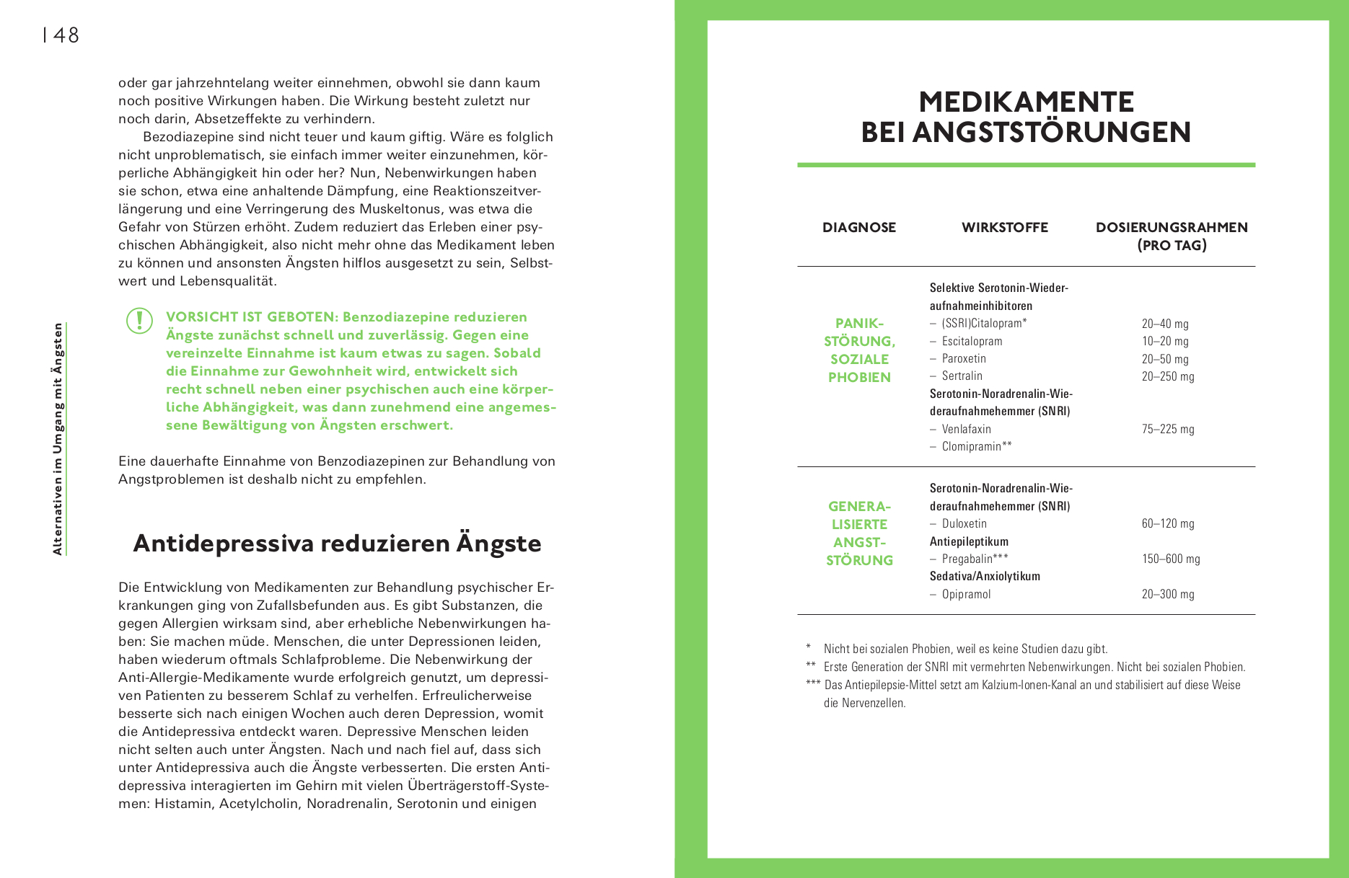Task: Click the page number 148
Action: [x=61, y=35]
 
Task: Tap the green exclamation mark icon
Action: [x=139, y=321]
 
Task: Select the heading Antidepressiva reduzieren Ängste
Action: [x=337, y=544]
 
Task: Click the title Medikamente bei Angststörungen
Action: [x=1026, y=117]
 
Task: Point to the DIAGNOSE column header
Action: [x=859, y=227]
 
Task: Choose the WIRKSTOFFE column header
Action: [x=1004, y=227]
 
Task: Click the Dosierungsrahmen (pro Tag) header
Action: [x=1172, y=236]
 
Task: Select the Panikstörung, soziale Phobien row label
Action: [x=859, y=350]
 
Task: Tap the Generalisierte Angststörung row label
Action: [x=859, y=533]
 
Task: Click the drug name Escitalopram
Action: [x=972, y=341]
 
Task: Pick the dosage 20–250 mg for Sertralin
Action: [x=1168, y=376]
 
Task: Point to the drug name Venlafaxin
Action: [x=966, y=429]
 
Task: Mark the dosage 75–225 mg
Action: [x=1168, y=429]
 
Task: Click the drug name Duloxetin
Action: [x=964, y=523]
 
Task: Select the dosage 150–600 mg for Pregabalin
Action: [x=1171, y=559]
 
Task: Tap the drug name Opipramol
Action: [x=966, y=594]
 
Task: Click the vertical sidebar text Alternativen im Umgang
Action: [x=58, y=439]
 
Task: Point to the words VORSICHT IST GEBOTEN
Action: [x=252, y=317]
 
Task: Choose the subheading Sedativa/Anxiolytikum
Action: [x=985, y=576]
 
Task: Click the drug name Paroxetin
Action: [x=964, y=358]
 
